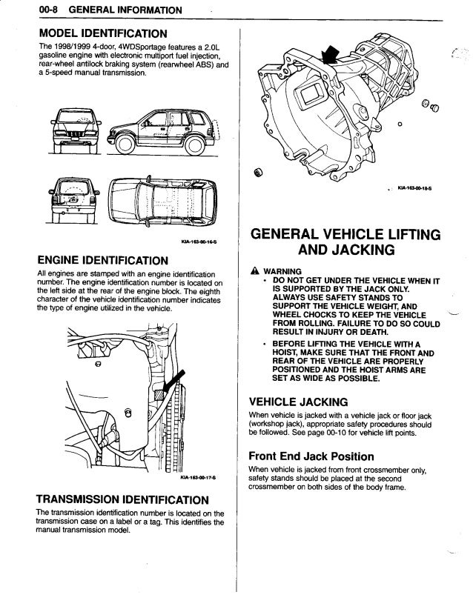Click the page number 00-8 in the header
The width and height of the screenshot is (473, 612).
[34, 10]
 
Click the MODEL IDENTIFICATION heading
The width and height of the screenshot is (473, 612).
[102, 33]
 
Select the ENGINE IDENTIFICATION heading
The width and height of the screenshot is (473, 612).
[106, 260]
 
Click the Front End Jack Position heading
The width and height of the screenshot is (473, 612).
[311, 456]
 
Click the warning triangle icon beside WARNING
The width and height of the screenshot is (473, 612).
[254, 270]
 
